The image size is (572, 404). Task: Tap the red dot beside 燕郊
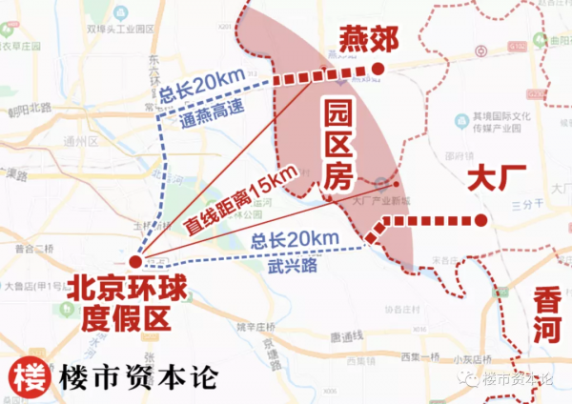point(378,69)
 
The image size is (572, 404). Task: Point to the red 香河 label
point(546,314)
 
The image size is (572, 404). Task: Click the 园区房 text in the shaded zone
point(339,142)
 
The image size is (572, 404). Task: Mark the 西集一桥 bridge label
point(419,357)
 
